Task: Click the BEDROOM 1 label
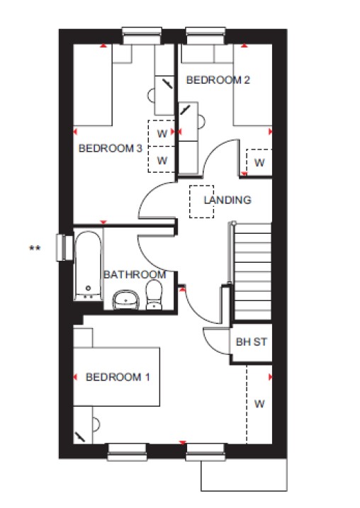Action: pos(118,377)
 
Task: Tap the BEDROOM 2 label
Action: pos(218,79)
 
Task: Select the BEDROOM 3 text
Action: pos(111,148)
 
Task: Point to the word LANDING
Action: pos(227,200)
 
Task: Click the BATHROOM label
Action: pos(135,275)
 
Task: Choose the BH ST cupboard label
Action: pos(252,342)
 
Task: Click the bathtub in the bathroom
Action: pos(88,266)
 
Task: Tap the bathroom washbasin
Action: pos(125,300)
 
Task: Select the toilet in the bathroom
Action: pos(154,295)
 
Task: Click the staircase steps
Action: pos(252,271)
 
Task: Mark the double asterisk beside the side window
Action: pos(35,249)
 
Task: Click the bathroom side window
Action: pos(64,247)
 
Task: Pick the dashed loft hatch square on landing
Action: pos(201,201)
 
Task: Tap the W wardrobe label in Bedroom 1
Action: pos(259,404)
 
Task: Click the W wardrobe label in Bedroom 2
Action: pos(259,163)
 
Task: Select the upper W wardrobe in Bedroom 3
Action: pos(162,133)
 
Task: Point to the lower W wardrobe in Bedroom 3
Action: pos(162,159)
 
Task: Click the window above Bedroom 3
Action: pos(142,35)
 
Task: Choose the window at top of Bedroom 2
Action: pos(206,35)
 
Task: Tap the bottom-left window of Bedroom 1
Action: pos(128,452)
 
